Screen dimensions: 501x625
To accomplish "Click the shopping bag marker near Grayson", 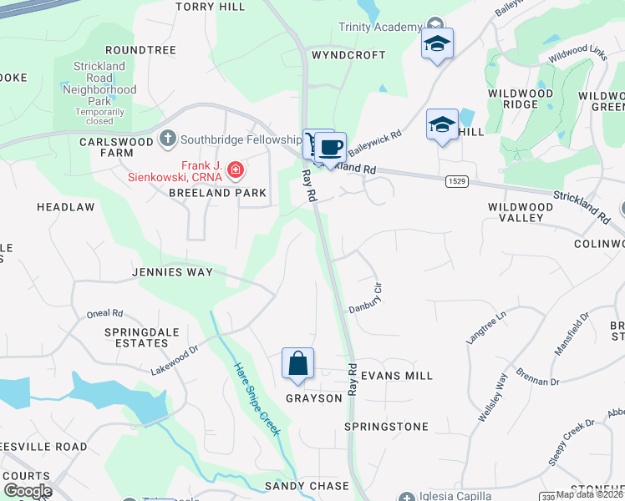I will (297, 364).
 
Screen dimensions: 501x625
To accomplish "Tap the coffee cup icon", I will (331, 148).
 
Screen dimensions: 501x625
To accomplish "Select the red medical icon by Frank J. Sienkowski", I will (236, 171).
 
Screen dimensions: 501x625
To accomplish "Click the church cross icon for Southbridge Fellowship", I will (167, 138).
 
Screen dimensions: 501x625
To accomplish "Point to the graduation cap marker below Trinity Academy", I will (437, 44).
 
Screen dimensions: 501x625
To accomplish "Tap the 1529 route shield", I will (456, 181).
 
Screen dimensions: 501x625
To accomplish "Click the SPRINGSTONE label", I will (386, 427).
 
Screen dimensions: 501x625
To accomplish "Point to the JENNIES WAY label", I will (172, 272).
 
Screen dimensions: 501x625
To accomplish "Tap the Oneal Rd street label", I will (104, 314).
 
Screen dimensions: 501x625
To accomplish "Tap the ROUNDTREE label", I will (141, 50).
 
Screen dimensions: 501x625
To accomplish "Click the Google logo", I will (27, 491).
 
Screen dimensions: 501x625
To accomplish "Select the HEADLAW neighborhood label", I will (65, 206).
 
